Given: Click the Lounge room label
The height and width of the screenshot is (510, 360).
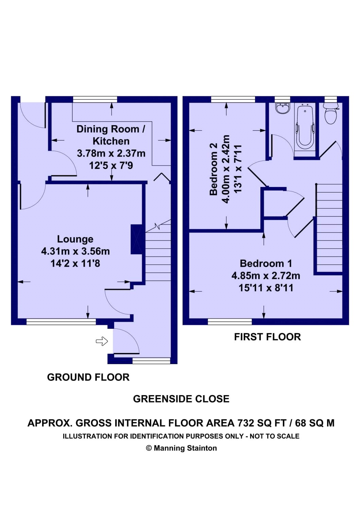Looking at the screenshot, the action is (x=75, y=239).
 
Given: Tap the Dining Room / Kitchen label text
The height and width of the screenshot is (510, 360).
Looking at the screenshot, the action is (x=111, y=135).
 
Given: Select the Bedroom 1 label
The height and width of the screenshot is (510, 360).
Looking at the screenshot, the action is (x=266, y=263).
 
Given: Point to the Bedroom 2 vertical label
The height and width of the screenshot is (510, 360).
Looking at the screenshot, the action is (x=214, y=169).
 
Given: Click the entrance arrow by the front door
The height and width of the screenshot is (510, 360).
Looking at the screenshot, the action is (x=102, y=341).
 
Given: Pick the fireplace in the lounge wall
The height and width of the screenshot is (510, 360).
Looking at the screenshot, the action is (x=136, y=239).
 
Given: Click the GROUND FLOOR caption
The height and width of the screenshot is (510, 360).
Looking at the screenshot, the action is (x=88, y=377).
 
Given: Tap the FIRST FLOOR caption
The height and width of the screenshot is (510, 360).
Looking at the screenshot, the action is (x=268, y=337).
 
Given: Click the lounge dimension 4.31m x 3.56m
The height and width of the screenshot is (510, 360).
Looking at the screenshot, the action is (x=75, y=251).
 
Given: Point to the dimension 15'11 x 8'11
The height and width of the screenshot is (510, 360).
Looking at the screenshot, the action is (x=266, y=288).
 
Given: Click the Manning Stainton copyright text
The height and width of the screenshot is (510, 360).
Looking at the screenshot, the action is (x=181, y=448).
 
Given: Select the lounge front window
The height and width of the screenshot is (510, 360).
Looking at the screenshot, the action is (x=61, y=321).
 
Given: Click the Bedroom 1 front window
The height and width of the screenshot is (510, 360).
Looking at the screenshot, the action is (x=230, y=321).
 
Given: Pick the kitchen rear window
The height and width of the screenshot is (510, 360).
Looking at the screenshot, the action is (x=95, y=99).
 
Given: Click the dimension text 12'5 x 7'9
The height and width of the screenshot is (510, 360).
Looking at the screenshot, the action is (x=111, y=166).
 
